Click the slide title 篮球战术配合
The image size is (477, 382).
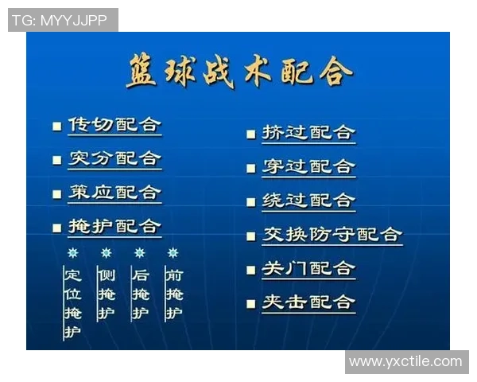click(238, 72)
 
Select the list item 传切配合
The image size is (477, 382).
click(114, 125)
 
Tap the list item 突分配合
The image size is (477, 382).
click(114, 158)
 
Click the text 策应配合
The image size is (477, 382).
click(114, 193)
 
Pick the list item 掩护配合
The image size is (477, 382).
click(114, 226)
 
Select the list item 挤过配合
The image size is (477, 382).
click(308, 133)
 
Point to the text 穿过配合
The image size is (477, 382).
click(308, 166)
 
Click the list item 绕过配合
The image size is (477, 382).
click(308, 201)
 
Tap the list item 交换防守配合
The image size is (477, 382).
click(332, 235)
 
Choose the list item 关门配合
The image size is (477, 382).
click(308, 269)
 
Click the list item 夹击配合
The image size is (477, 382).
click(308, 302)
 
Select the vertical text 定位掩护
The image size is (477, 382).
click(73, 303)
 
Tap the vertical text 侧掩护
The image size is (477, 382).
click(107, 294)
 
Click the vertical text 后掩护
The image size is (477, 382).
click(140, 294)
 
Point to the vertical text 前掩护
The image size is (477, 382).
click(173, 294)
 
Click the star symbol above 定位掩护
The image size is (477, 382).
click(73, 253)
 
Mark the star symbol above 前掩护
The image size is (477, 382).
click(173, 253)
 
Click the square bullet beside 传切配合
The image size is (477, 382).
click(56, 126)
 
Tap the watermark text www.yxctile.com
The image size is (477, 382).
click(405, 361)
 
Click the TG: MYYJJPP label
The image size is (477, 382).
click(62, 20)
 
